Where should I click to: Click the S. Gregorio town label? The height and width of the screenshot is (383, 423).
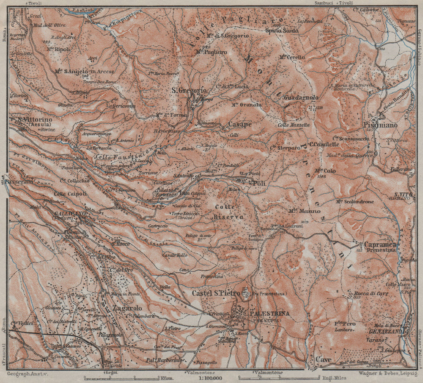tap(189, 91)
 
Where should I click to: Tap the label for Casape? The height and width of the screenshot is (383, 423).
tap(240, 125)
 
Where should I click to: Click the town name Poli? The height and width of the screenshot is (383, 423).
tap(259, 183)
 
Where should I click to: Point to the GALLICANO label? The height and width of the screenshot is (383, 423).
tap(68, 214)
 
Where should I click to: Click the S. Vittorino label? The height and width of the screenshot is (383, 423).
tap(35, 120)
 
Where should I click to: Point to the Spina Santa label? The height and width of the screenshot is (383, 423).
tap(281, 31)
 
